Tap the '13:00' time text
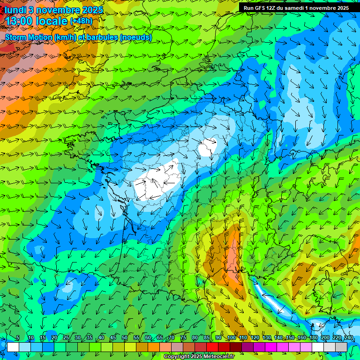pyautogui.click(x=18, y=21)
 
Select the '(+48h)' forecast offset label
pyautogui.click(x=81, y=21)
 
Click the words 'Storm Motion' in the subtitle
pyautogui.click(x=29, y=37)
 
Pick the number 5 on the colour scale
pyautogui.click(x=18, y=338)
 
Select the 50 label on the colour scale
pyautogui.click(x=125, y=338)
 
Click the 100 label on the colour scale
pyautogui.click(x=232, y=338)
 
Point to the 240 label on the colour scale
pyautogui.click(x=348, y=338)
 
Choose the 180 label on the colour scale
pyautogui.click(x=313, y=338)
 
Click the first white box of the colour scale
pyautogui.click(x=13, y=347)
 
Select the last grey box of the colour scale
pyautogui.click(x=341, y=347)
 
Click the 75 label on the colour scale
pyautogui.click(x=183, y=338)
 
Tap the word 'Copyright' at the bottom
pyautogui.click(x=177, y=357)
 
